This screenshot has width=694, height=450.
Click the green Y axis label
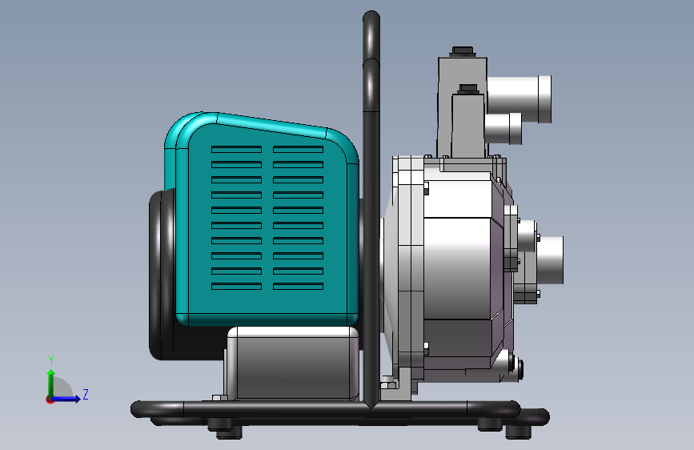[x=51, y=360]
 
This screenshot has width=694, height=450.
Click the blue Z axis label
[x=86, y=394]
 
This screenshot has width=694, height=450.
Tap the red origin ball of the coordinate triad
[x=50, y=400]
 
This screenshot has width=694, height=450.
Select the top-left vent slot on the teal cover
[x=236, y=149]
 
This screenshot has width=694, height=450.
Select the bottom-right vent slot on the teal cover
[x=298, y=286]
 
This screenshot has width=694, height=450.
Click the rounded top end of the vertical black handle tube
[x=371, y=17]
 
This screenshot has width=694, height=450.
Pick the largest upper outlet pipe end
[x=521, y=99]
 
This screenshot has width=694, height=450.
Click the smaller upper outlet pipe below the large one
[x=503, y=128]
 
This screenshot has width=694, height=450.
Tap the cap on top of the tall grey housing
[x=463, y=51]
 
